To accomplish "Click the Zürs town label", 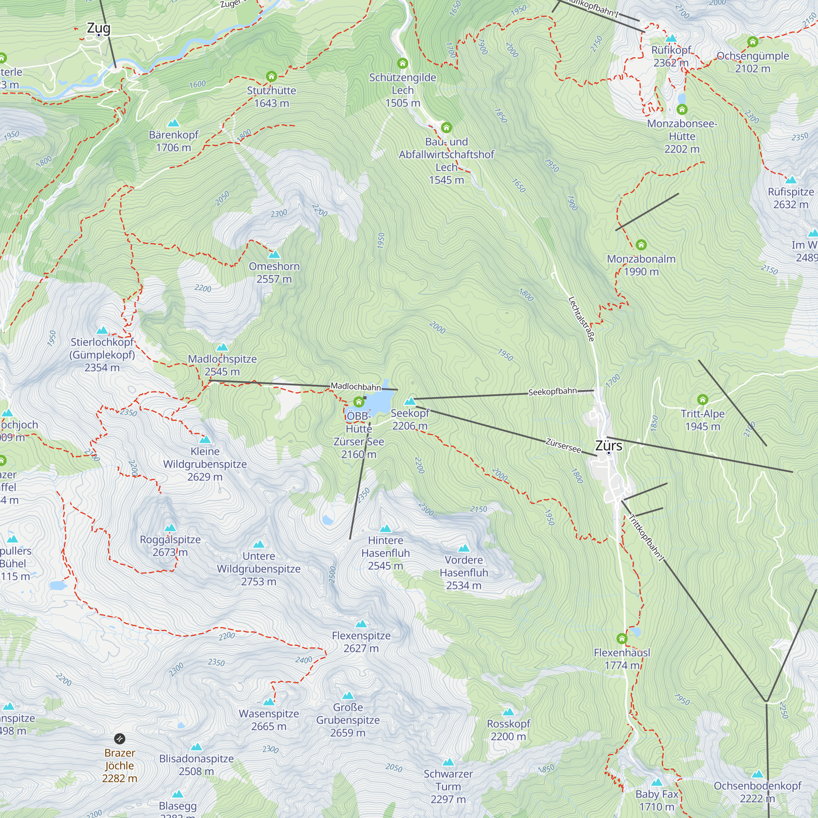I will point(609,445).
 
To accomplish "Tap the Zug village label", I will point(98,28).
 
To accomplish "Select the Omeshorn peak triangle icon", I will point(274,254).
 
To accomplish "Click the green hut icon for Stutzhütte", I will point(272,76).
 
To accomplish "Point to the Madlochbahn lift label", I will point(356,386).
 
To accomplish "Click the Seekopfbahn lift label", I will point(552,392).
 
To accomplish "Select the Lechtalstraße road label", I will point(581,319).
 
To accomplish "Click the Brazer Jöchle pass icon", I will point(120,739).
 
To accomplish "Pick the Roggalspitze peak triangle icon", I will point(170,528).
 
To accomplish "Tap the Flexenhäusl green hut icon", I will point(622,638).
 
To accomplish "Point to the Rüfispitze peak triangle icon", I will point(791,180).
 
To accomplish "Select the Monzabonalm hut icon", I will point(641,245).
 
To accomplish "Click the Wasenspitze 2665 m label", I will point(269,720).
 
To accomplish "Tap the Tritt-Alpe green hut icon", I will point(702,399).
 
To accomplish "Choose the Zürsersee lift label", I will point(563,445).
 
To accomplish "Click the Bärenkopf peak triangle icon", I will point(173,123).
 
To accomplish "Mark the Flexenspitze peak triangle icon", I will point(361,624).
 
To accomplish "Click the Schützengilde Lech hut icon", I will point(402,63).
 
